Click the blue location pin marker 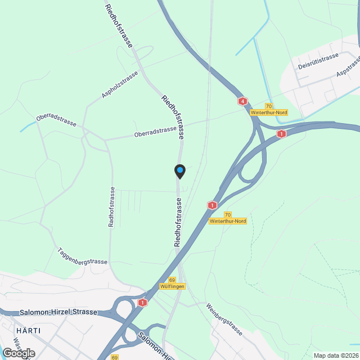coord(179,171)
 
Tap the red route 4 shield coord(242,101)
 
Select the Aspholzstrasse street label coord(119,85)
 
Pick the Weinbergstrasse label coord(224,320)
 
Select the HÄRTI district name coord(28,330)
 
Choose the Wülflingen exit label coord(172,286)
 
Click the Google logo coord(18,353)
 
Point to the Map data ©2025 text coord(335,355)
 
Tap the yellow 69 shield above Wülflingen coord(172,280)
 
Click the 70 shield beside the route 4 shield coord(268,106)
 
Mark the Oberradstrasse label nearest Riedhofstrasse coord(155,132)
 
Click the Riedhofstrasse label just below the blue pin coord(178,222)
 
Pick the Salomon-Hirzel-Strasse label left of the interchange coord(58,312)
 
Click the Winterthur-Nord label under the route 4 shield coord(268,112)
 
